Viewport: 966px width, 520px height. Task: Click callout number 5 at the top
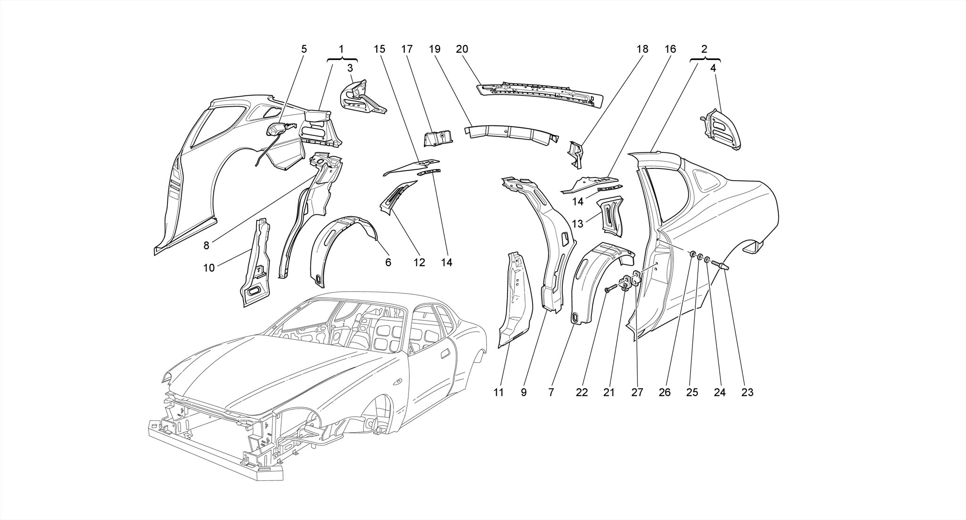(x=304, y=49)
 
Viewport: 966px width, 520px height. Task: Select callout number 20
(x=462, y=49)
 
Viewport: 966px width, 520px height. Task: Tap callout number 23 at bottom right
(x=747, y=392)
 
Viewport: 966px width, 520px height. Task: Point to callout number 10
(x=208, y=268)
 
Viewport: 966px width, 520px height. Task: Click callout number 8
(x=206, y=246)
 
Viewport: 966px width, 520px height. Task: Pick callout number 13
(x=577, y=224)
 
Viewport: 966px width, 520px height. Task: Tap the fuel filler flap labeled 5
(x=278, y=129)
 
